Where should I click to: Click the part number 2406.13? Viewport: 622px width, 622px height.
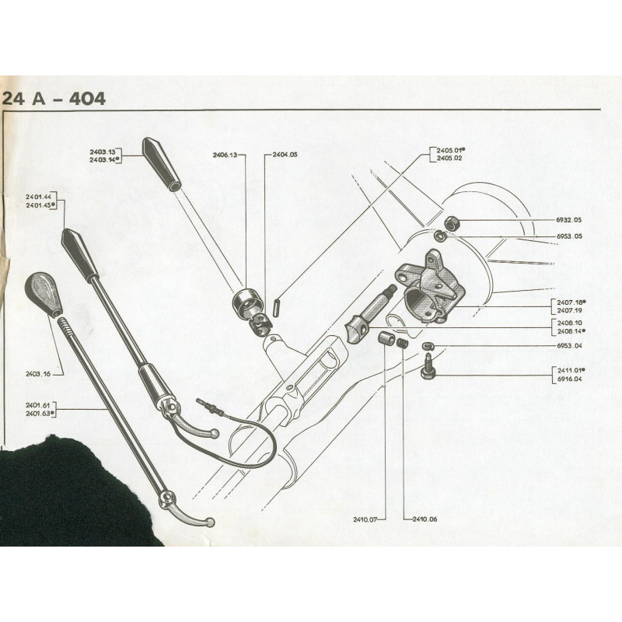tap(225, 155)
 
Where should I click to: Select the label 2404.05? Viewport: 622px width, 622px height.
tap(285, 155)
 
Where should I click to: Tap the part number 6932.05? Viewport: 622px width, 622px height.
tap(569, 220)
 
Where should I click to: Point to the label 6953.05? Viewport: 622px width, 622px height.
tap(569, 236)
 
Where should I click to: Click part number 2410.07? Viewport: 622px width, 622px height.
tap(365, 519)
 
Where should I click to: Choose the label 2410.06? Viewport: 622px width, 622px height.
tap(425, 519)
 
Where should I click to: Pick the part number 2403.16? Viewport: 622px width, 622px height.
tap(38, 374)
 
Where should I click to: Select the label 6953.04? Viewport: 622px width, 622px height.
tap(569, 346)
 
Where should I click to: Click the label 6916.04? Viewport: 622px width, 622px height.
tap(570, 379)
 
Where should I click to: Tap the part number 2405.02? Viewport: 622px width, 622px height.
tap(449, 159)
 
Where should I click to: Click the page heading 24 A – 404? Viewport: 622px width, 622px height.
tap(54, 99)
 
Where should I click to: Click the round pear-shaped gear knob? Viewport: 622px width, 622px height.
tap(44, 294)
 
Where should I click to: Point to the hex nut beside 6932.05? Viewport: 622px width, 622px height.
tap(451, 223)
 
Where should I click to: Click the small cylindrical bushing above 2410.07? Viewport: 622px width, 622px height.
tap(385, 337)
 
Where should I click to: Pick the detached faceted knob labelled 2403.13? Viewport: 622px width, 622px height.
tap(162, 165)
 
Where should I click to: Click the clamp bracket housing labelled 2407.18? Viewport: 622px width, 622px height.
tap(430, 286)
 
